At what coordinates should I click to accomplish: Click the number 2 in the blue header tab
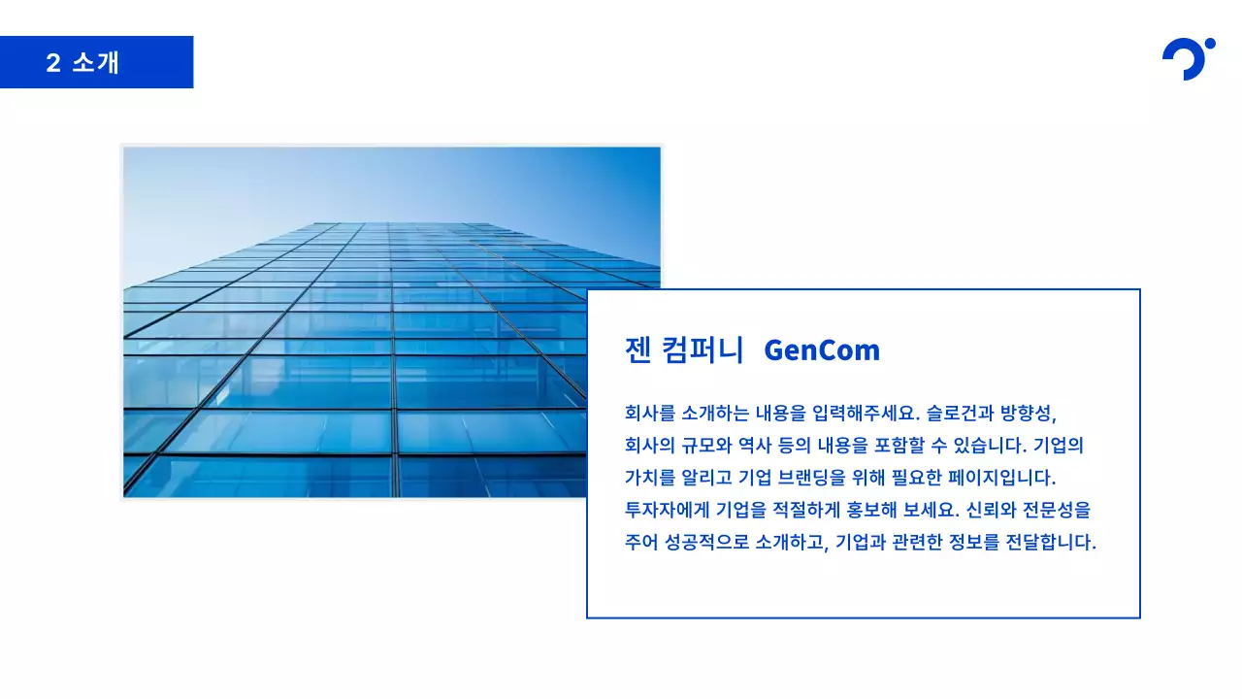click(x=53, y=63)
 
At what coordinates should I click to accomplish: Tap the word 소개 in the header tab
click(x=96, y=63)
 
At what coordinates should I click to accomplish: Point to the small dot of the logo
click(x=1209, y=44)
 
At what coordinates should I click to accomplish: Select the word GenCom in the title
click(x=822, y=349)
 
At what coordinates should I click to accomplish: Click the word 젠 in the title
click(x=637, y=349)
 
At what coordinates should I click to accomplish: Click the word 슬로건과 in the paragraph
click(x=961, y=413)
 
